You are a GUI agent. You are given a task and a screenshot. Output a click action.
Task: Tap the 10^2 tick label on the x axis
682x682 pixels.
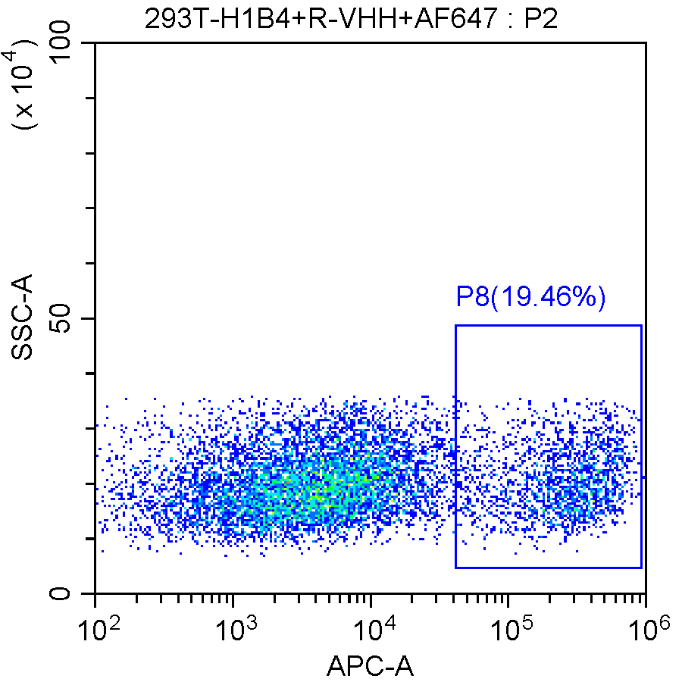99,627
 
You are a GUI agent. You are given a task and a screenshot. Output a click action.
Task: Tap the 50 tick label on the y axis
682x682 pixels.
71,318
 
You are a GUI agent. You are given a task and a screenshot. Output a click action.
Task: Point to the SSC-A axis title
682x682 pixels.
23,318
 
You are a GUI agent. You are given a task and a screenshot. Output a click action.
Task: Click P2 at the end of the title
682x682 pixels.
540,17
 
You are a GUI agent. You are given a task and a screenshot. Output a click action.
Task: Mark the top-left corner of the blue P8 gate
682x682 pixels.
455,325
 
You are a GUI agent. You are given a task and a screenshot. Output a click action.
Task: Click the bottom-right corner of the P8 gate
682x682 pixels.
641,567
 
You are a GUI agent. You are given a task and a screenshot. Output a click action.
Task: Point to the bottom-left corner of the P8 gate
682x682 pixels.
455,567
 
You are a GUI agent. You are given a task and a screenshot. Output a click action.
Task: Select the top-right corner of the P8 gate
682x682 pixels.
641,325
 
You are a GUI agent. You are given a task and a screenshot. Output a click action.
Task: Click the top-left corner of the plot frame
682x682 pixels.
95,43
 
